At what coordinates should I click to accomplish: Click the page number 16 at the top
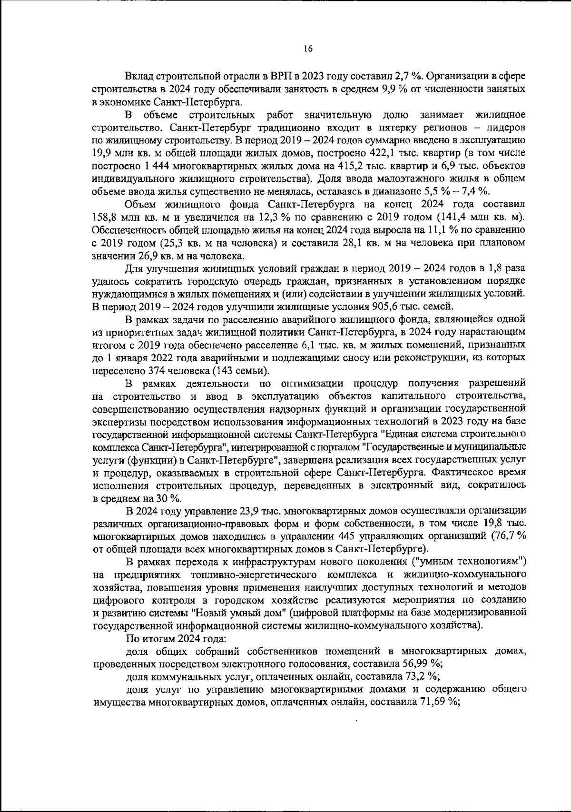(x=308, y=48)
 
